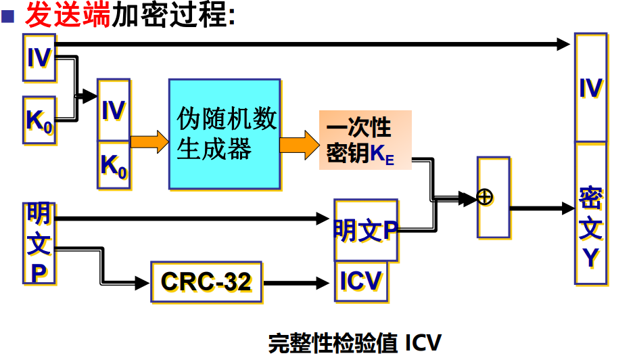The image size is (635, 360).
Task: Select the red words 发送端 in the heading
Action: pyautogui.click(x=67, y=14)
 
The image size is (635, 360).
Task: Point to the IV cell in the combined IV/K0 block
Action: pyautogui.click(x=113, y=110)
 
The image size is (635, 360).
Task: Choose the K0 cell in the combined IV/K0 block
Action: pyautogui.click(x=113, y=165)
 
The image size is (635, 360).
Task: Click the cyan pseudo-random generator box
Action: pyautogui.click(x=225, y=133)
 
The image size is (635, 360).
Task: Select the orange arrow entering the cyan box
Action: pyautogui.click(x=148, y=141)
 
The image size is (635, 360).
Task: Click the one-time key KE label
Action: pyautogui.click(x=364, y=141)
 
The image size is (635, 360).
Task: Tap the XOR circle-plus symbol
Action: pyautogui.click(x=485, y=196)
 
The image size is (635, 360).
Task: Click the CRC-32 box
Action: pyautogui.click(x=206, y=281)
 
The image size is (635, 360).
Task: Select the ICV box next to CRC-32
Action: pyautogui.click(x=361, y=281)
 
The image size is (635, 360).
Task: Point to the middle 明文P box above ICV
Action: pyautogui.click(x=365, y=230)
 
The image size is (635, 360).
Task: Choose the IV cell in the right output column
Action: pyautogui.click(x=590, y=88)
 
